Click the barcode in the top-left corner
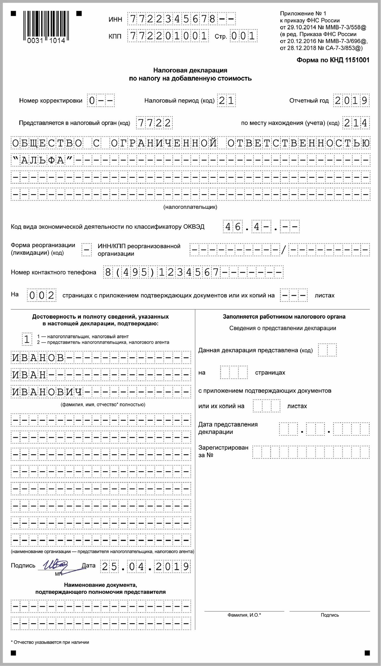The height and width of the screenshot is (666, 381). tap(46, 27)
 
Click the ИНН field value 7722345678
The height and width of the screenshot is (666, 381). tap(173, 19)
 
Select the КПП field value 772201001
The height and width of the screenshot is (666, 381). tap(168, 36)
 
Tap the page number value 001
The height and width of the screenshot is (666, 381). tap(243, 36)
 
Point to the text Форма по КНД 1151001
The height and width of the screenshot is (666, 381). tap(333, 60)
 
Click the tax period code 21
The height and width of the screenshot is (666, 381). tap(226, 101)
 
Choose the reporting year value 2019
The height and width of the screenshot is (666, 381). tap(351, 101)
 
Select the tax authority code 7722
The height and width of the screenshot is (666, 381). tap(154, 123)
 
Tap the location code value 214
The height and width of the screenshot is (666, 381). tap(356, 123)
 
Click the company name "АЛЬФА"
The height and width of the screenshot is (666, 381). tap(43, 160)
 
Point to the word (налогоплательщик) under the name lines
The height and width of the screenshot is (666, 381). tap(190, 207)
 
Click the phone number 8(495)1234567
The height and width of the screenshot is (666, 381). tap(162, 272)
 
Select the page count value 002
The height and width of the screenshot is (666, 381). tap(42, 295)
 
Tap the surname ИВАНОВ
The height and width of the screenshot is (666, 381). tap(38, 358)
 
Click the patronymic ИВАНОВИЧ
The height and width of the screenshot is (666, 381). tap(47, 392)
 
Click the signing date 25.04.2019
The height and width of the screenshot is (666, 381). tap(145, 567)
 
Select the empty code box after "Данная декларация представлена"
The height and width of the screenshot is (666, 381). tap(327, 350)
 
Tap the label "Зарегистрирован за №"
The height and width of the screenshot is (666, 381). tap(223, 451)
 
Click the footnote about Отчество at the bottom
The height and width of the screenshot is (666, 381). tap(51, 642)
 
